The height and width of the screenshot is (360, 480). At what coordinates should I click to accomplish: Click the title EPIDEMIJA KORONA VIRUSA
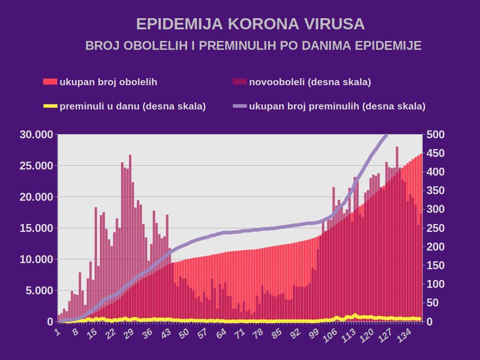250,24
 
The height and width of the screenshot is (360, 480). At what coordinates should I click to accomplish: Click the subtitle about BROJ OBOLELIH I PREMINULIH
253,46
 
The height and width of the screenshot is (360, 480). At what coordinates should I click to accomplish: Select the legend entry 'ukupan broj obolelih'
108,82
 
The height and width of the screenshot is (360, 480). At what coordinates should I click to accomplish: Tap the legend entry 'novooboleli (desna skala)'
310,82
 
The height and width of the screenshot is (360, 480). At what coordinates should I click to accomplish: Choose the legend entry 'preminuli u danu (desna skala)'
132,106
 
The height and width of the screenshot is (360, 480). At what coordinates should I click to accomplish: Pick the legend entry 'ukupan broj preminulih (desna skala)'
337,106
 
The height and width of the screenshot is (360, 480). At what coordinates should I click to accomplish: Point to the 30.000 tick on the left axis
37,135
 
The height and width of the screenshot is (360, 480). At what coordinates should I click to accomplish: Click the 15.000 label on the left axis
37,228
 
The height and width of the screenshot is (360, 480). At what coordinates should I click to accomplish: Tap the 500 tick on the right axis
436,135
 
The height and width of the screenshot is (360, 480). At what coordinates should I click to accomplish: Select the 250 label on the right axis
436,228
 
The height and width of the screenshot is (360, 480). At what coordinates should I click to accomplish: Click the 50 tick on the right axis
434,303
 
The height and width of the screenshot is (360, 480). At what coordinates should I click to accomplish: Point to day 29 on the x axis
128,333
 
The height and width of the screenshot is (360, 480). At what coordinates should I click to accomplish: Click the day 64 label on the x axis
221,333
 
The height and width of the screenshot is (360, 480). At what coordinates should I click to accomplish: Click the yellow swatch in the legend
50,106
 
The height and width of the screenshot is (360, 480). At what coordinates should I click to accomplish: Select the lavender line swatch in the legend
239,106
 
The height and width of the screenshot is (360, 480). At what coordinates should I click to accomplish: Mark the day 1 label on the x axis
58,332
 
